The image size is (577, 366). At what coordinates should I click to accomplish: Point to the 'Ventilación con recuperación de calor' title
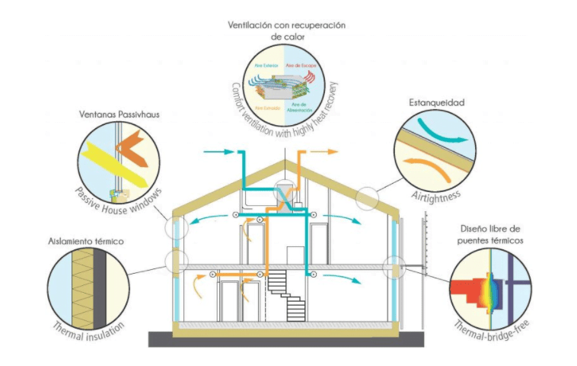point(287,30)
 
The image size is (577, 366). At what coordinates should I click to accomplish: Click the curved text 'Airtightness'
point(432,192)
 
